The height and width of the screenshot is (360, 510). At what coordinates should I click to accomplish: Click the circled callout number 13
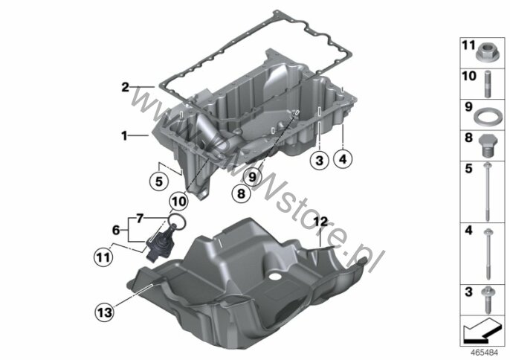tap(104, 313)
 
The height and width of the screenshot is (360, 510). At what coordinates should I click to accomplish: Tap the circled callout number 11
tap(103, 257)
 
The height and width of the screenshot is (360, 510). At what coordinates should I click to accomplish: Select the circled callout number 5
tap(159, 181)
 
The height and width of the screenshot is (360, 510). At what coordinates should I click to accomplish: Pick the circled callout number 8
tap(241, 193)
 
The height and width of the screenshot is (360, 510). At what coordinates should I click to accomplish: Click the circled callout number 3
tap(320, 160)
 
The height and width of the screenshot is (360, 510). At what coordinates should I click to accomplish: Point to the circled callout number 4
tap(343, 159)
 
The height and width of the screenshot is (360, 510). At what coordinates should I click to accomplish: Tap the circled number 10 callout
tap(179, 202)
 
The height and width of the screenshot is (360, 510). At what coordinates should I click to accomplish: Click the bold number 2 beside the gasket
tap(125, 87)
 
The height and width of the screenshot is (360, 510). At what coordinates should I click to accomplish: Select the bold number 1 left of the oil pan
tap(124, 135)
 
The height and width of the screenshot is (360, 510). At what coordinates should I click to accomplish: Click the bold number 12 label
tap(321, 222)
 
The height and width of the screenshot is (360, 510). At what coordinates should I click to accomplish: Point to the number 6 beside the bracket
tap(116, 230)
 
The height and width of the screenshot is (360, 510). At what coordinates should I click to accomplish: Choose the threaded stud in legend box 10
tap(487, 84)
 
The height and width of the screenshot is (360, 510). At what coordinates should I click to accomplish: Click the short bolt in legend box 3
tap(487, 300)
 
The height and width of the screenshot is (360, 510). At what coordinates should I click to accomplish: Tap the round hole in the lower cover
tap(275, 277)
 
